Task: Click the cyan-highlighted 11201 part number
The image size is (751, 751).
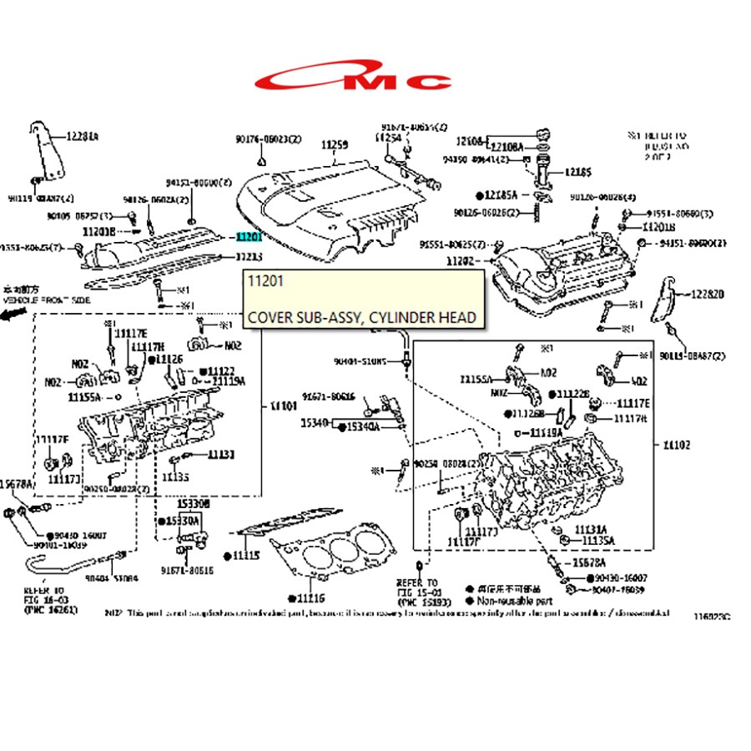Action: [x=249, y=237]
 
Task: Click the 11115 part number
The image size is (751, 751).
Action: [x=246, y=555]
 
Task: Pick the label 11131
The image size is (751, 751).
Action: [x=221, y=455]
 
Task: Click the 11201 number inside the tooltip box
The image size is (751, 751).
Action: [x=266, y=281]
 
